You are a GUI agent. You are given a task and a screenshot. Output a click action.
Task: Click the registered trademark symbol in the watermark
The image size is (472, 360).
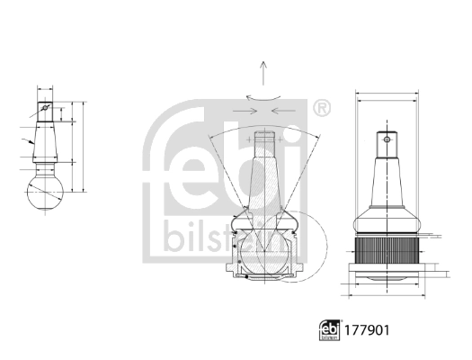tap(321, 109)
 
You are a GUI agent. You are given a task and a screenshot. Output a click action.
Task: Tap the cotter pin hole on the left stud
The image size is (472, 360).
tap(45, 111)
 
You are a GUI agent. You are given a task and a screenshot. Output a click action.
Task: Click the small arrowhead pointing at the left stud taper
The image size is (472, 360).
tap(31, 142)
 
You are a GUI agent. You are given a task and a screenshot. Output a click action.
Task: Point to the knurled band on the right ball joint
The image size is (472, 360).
tap(388, 248)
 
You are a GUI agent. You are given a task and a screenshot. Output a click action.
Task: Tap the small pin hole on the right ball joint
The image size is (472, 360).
tap(388, 139)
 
